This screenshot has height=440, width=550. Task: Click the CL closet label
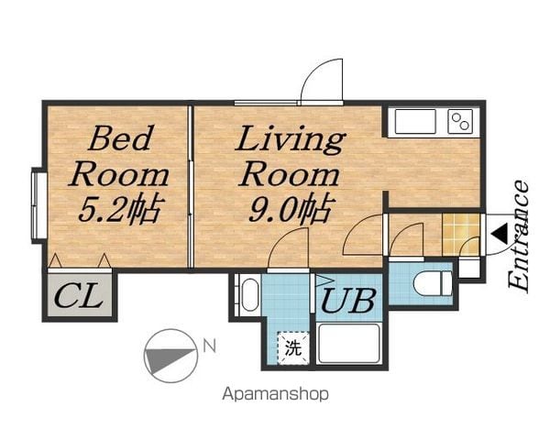(79, 297)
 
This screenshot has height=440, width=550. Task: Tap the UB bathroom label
(348, 301)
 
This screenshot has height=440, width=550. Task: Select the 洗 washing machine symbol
(293, 347)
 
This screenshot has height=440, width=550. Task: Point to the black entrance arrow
(500, 235)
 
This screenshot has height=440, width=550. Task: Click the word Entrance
(519, 236)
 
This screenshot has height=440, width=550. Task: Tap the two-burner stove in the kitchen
(460, 121)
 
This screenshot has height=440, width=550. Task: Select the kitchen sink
(415, 121)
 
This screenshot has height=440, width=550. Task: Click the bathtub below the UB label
(348, 344)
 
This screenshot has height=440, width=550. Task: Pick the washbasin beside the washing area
(249, 294)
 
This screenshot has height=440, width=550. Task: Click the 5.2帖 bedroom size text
(121, 209)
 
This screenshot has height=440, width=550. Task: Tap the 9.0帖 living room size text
(291, 209)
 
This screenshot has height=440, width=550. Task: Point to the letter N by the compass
(210, 346)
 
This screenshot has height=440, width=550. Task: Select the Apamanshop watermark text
(275, 394)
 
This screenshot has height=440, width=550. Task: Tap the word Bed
(120, 138)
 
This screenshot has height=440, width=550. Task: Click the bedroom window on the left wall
(38, 205)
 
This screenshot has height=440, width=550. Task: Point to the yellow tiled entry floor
(461, 235)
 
